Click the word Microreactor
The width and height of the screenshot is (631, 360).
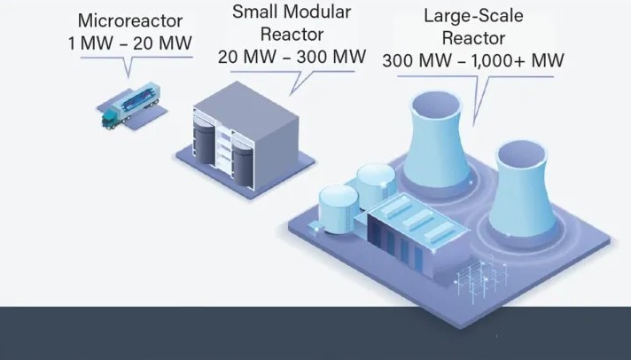pos(130,20)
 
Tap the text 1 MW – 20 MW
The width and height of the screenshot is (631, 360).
pos(130,43)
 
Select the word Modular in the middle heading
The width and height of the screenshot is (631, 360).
pos(317,12)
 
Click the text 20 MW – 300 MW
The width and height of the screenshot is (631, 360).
pos(292,57)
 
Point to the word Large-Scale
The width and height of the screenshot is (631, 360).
pos(473,16)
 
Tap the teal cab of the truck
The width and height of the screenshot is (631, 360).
pos(110,120)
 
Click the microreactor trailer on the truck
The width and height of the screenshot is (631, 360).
pos(136,99)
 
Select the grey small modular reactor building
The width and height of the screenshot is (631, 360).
pos(245,136)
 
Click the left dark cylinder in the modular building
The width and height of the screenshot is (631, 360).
pos(205,143)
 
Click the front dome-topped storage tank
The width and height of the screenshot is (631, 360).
pos(339,208)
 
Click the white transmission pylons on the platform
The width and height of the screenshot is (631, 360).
pos(481,277)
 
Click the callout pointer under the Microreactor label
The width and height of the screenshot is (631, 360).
pos(128,67)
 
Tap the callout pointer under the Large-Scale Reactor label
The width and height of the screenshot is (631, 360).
pos(480,101)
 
